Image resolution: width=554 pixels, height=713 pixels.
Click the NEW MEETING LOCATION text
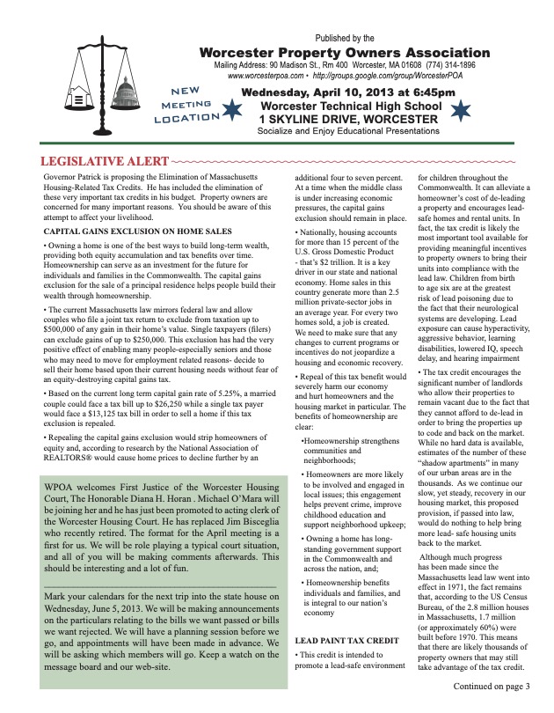(x=183, y=104)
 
